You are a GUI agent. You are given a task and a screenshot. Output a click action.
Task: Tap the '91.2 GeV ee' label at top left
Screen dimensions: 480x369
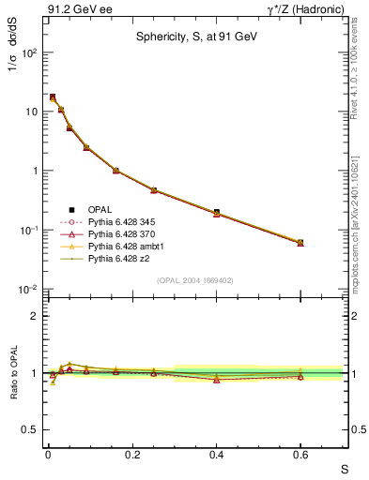click(x=77, y=8)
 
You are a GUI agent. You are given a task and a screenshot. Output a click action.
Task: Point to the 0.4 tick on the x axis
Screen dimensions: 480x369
click(x=217, y=455)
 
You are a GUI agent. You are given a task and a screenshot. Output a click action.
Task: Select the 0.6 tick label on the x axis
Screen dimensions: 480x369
click(x=300, y=455)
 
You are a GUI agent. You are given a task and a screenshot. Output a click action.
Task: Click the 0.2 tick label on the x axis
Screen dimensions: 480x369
click(x=132, y=455)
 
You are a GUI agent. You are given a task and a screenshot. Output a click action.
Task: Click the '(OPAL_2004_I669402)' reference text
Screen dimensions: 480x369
click(x=194, y=279)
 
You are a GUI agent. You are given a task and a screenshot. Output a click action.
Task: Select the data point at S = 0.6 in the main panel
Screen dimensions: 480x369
click(x=300, y=242)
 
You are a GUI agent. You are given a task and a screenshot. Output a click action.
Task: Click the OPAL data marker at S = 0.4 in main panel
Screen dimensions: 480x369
click(x=217, y=213)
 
